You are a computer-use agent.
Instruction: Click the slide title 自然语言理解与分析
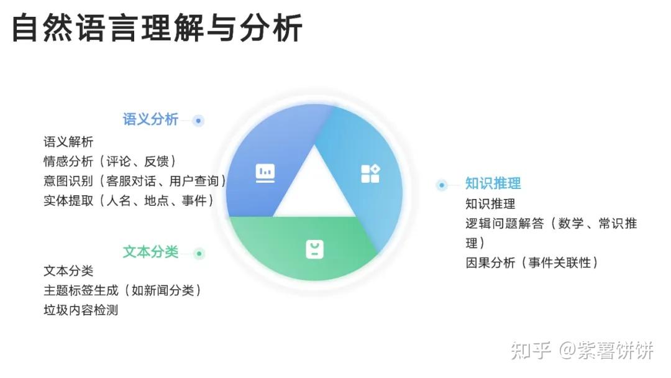157,29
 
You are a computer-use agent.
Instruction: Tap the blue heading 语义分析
150,119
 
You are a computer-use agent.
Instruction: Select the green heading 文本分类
150,252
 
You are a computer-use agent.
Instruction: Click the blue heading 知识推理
493,183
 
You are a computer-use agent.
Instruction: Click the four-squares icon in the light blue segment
370,173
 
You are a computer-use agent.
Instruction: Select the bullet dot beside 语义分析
198,121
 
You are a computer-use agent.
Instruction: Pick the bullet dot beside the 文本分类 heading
199,253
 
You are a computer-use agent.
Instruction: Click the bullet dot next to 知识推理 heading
442,185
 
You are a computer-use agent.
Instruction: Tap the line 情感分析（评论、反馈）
110,162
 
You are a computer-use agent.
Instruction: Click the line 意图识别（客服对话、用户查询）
135,181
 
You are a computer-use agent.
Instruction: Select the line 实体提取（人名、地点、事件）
129,200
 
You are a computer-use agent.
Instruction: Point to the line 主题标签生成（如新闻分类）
122,290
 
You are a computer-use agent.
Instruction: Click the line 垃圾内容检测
81,310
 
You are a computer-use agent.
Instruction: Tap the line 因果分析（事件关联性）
532,262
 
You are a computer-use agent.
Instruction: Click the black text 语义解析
68,142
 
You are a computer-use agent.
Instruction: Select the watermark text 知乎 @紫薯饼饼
582,351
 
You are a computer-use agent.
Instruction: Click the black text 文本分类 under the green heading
68,271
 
